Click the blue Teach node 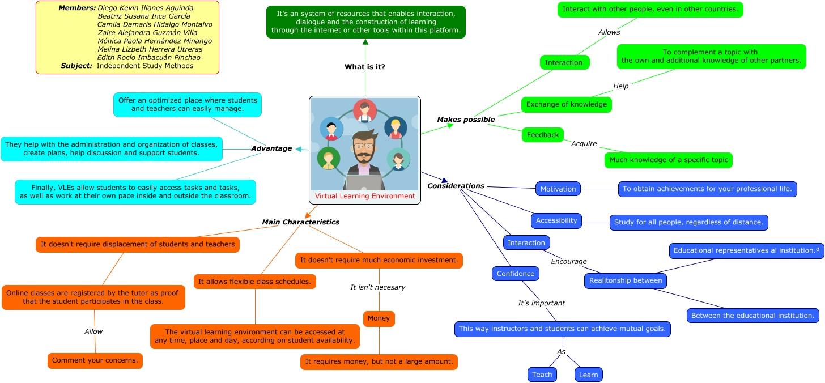(542, 375)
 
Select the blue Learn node (588, 375)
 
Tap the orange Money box (379, 318)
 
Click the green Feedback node (542, 135)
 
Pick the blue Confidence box (515, 274)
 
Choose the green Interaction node (563, 62)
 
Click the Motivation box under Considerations (558, 189)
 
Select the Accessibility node (556, 221)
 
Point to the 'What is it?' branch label (365, 67)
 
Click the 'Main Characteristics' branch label (300, 222)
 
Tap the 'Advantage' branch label (271, 148)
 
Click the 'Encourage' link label (568, 262)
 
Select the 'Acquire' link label (584, 144)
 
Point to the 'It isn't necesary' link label (377, 287)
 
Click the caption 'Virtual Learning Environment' (365, 196)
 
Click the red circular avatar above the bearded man (365, 110)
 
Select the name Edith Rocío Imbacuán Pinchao (148, 57)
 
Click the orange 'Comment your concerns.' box (95, 360)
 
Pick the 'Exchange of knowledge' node (566, 104)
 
